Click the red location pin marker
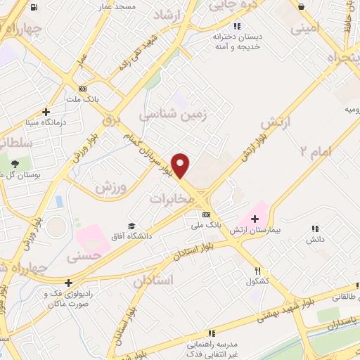(181, 165)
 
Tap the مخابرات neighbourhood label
(171, 200)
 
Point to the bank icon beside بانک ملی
(205, 214)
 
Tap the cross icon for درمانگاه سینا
(46, 112)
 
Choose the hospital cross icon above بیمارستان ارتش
(255, 219)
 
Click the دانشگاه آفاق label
(129, 236)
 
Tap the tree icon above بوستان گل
(14, 164)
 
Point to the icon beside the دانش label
(315, 228)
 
